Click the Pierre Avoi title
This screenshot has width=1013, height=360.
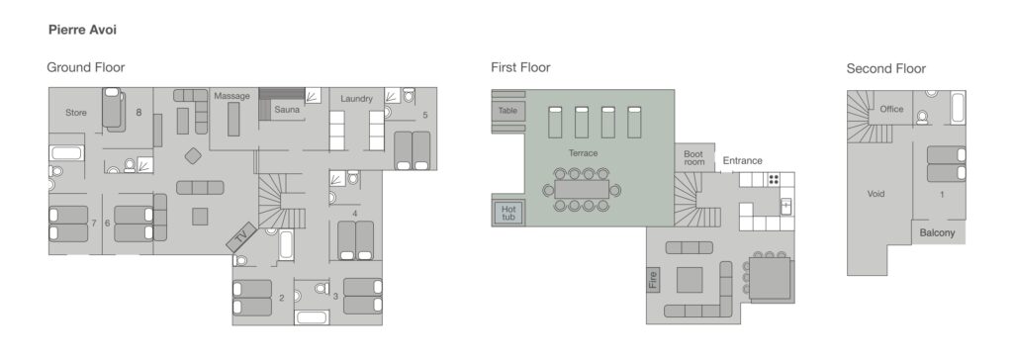[x=82, y=30]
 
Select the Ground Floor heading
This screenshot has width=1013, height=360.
[x=85, y=67]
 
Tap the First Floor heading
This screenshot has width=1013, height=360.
[x=520, y=67]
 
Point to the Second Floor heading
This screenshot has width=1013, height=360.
[x=885, y=68]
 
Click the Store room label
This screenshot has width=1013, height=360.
[x=76, y=113]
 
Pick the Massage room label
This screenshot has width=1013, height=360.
[x=231, y=96]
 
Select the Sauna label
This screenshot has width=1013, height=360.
[x=287, y=110]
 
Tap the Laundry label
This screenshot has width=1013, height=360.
[x=356, y=99]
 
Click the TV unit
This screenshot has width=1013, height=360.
[x=241, y=237]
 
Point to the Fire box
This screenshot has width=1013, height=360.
[x=653, y=279]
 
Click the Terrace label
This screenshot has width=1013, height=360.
[x=583, y=153]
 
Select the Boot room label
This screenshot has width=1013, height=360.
[x=693, y=158]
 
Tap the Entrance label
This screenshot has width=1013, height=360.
[x=742, y=161]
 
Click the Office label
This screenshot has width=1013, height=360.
[x=891, y=109]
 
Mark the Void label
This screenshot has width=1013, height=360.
[x=876, y=194]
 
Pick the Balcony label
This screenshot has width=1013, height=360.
[x=938, y=232]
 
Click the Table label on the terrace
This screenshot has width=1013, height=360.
[x=507, y=111]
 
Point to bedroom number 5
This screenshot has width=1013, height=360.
[x=425, y=115]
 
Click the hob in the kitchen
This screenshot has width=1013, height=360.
[x=774, y=179]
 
